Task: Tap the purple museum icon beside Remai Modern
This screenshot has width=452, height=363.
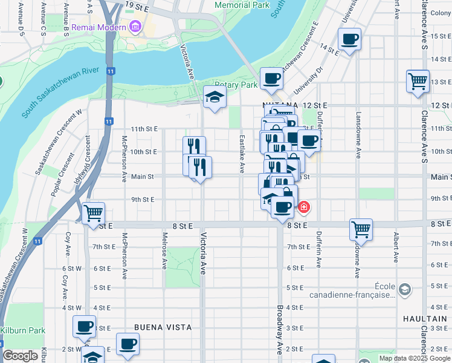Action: pos(134,27)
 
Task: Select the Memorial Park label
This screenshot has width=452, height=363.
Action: pos(242,5)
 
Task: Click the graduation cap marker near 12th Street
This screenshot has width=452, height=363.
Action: pos(214,97)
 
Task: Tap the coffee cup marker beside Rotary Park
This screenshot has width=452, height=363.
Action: pos(271,78)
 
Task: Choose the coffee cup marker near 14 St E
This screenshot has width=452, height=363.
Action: pos(349,40)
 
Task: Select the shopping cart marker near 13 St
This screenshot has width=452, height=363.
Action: pos(418,81)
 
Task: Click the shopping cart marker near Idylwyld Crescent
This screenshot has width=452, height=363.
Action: pos(93,214)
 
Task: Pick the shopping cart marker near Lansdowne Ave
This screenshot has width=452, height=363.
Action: pos(361,229)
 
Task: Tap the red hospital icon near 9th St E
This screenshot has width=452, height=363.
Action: pos(303,208)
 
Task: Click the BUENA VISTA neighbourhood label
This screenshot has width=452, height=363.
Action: pos(163,327)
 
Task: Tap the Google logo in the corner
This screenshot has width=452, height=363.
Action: pos(20,356)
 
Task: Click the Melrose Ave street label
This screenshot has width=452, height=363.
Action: pos(164,250)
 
